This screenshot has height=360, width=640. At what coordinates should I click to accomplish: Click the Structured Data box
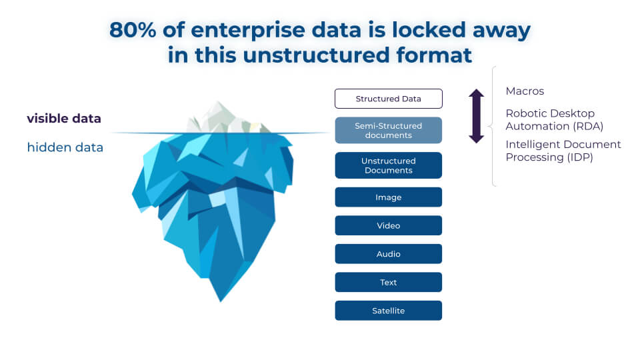(x=388, y=99)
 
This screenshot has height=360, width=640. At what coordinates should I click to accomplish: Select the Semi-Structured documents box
(x=388, y=131)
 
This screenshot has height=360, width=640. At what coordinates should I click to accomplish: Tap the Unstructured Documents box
(x=388, y=165)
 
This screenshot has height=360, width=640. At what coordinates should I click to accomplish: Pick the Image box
(x=388, y=197)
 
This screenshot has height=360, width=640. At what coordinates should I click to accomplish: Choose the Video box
(x=388, y=225)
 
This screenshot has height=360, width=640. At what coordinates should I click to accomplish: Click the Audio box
(x=388, y=254)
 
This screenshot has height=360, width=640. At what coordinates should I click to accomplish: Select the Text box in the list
(x=388, y=282)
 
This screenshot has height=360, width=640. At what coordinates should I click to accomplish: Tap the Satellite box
(x=388, y=311)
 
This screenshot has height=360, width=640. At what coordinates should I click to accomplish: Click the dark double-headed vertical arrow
(x=476, y=116)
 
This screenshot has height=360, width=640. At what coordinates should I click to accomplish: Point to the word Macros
(x=525, y=91)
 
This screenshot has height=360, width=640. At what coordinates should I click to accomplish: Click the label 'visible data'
(x=64, y=119)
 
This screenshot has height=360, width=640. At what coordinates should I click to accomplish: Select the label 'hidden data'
(x=65, y=147)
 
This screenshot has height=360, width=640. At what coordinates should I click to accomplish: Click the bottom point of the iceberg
(x=221, y=299)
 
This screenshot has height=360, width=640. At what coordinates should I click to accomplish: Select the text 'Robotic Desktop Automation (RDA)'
(x=553, y=119)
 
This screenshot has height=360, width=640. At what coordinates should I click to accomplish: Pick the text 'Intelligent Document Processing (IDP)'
(x=563, y=151)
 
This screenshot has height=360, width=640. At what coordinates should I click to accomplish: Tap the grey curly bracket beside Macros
(x=493, y=126)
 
